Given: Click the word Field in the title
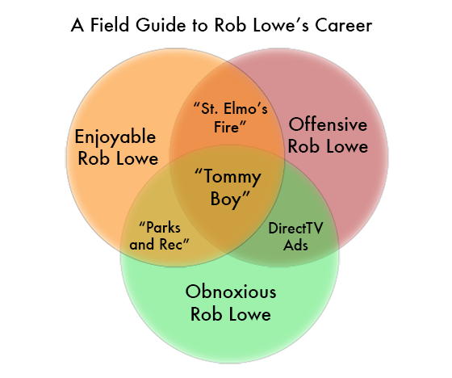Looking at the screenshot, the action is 109,25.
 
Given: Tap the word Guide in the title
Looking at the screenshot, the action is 161,25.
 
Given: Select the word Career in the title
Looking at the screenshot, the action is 343,25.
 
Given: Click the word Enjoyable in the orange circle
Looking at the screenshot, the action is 115,137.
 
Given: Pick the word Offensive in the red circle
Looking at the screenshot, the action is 328,124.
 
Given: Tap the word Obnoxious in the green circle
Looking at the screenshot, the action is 231,292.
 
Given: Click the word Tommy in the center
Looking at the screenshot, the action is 228,177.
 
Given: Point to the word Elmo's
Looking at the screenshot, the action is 245,109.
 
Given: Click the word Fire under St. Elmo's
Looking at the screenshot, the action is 230,127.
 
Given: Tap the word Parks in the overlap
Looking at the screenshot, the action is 160,228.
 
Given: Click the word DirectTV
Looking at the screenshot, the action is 295,229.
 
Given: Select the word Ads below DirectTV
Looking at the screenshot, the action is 295,245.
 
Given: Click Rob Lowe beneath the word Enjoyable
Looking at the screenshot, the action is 118,158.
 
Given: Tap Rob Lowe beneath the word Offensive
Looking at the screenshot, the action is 328,146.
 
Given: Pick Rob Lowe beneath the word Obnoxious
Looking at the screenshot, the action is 231,314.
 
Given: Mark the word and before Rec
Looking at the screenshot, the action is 142,245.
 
